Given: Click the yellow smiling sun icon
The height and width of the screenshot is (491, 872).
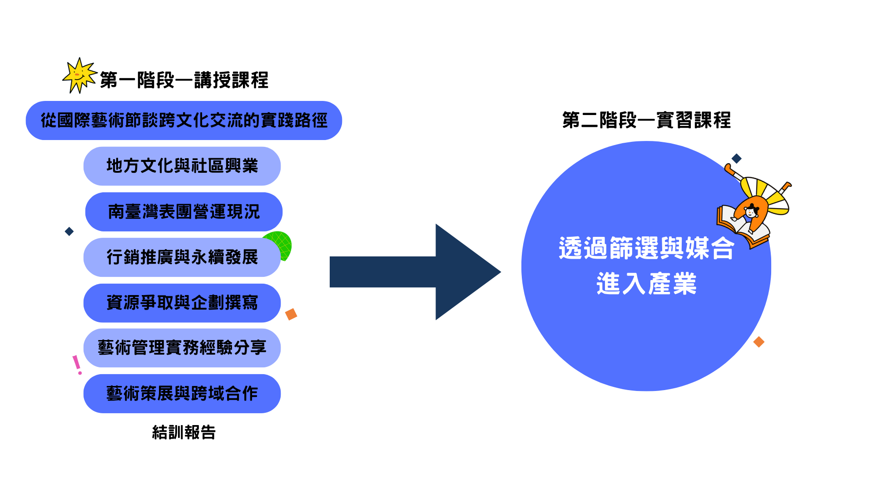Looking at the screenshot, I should [79, 75].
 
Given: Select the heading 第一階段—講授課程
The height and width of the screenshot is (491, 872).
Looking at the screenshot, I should [184, 80].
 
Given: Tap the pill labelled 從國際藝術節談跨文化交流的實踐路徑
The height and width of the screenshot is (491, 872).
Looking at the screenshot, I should [184, 120].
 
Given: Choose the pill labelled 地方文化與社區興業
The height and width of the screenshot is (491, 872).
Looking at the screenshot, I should [182, 166].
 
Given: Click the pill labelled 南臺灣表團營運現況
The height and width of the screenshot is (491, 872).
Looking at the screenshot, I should [184, 212].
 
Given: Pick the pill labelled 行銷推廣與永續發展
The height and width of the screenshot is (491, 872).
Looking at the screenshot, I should [182, 257].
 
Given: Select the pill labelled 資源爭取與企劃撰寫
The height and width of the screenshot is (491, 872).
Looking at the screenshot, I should [182, 303].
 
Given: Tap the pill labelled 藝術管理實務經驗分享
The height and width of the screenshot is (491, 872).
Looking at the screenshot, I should [182, 348].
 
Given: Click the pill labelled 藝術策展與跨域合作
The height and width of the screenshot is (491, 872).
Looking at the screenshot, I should [182, 394].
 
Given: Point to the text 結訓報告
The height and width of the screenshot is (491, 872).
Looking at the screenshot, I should [184, 432].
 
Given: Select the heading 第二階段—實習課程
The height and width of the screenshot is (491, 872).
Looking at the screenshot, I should [646, 120].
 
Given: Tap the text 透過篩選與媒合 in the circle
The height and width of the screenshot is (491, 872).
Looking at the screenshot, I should [646, 248].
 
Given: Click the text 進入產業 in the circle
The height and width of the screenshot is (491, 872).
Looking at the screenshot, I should [646, 284].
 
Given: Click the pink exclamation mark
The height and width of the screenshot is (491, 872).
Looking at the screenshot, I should [77, 365].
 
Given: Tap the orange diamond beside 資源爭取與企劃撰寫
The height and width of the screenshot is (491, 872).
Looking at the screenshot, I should [291, 314].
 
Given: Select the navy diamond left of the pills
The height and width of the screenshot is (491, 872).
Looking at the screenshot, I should [69, 231].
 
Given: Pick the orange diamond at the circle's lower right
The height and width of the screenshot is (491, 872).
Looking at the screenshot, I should [758, 342].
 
